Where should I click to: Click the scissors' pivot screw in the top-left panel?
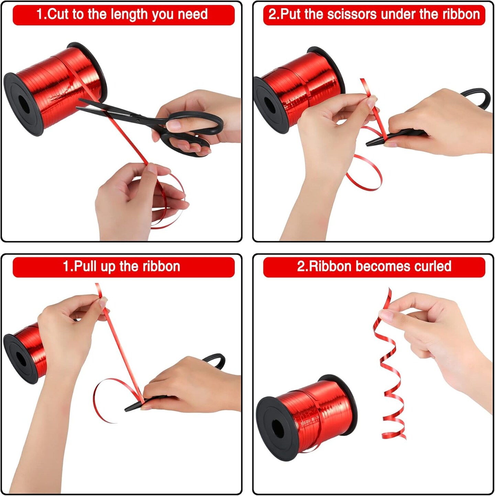(138, 120)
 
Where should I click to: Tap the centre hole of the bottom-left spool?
(21, 359)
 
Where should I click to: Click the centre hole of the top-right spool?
(269, 106)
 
